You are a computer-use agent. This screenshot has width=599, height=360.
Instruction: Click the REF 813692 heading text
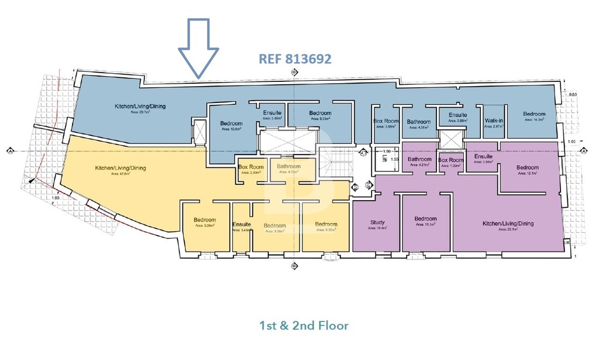click(x=295, y=59)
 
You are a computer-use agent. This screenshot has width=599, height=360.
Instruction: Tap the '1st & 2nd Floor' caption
click(x=304, y=324)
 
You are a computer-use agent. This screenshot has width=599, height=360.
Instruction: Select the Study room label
click(x=377, y=222)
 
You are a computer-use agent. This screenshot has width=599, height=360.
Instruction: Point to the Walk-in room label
click(x=494, y=121)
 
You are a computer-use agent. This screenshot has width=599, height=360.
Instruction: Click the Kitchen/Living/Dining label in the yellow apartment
click(x=121, y=169)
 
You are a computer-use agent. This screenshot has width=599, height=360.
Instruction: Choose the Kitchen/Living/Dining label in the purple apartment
click(x=508, y=224)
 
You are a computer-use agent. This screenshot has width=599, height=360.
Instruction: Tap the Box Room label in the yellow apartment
click(x=251, y=167)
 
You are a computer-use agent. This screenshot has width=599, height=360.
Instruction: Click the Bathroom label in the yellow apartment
click(x=288, y=167)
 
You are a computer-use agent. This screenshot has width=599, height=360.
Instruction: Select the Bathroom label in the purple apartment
click(x=419, y=159)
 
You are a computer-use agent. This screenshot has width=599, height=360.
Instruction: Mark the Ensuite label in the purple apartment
click(x=483, y=156)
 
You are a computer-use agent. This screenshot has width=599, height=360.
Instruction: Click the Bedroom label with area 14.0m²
click(x=534, y=114)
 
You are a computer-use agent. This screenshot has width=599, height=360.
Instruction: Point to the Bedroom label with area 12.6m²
click(x=231, y=124)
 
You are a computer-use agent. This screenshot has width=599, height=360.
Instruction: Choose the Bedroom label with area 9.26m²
click(x=205, y=220)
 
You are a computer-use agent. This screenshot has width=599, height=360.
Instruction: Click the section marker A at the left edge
click(x=11, y=150)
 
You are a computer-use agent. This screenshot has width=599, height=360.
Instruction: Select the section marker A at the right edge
click(x=583, y=150)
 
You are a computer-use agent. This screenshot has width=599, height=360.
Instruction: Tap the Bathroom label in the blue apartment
click(x=419, y=122)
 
